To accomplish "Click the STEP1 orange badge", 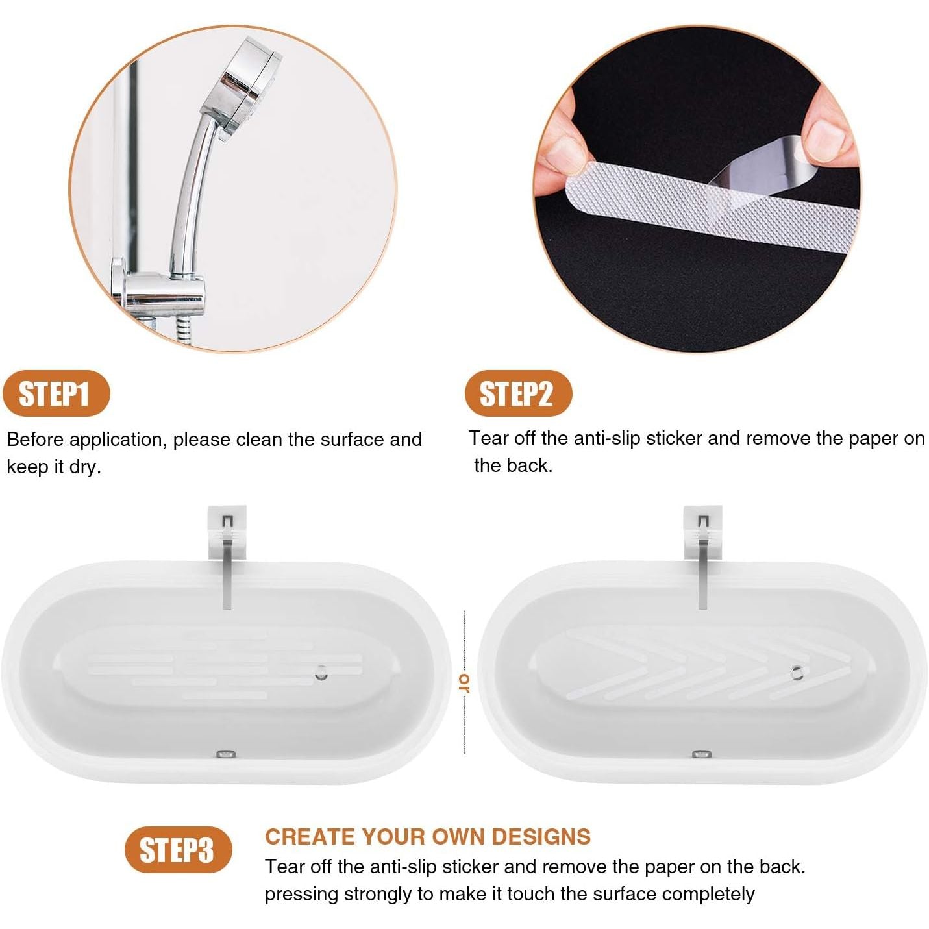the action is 56,393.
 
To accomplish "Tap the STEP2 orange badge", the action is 518,393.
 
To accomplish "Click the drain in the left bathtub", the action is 321,673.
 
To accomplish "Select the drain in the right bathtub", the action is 797,673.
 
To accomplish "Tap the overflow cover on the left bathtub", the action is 225,754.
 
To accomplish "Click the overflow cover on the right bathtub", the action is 701,754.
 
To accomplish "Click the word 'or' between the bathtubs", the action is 464,682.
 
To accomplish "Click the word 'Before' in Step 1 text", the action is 35,440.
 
